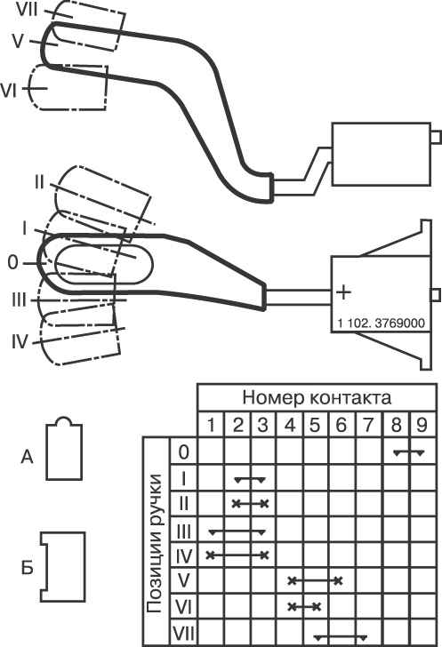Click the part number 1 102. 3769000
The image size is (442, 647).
click(x=381, y=323)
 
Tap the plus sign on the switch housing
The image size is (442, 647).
click(x=343, y=292)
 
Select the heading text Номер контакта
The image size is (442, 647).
click(x=317, y=398)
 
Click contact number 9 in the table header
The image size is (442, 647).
click(x=422, y=425)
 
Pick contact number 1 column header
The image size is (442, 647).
click(x=211, y=425)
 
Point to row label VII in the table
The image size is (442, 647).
click(x=183, y=634)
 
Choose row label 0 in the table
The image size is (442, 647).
click(x=184, y=451)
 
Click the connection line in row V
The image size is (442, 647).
click(x=316, y=581)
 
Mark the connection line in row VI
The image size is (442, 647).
click(x=304, y=607)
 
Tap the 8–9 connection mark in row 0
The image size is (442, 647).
click(x=409, y=452)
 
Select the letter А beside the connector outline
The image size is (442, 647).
click(x=27, y=457)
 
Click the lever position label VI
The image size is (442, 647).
click(x=9, y=91)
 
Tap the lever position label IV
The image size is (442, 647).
click(x=19, y=342)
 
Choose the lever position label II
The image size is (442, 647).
click(x=39, y=182)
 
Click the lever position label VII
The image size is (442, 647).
click(x=27, y=11)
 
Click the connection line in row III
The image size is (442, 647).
click(x=237, y=531)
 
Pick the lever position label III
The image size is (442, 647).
click(x=19, y=300)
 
